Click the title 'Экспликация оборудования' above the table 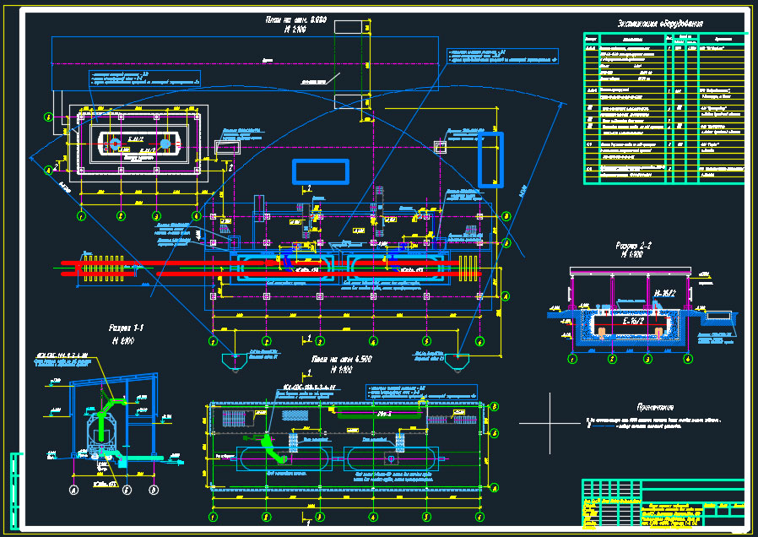pyautogui.click(x=661, y=23)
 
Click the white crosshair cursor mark pyautogui.click(x=550, y=422)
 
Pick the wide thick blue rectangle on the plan pyautogui.click(x=320, y=171)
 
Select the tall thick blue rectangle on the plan pyautogui.click(x=490, y=159)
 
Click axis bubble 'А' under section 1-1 pyautogui.click(x=73, y=489)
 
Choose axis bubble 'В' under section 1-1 pyautogui.click(x=154, y=489)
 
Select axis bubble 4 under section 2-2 pyautogui.click(x=687, y=358)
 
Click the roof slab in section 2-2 pyautogui.click(x=628, y=273)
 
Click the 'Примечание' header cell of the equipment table pyautogui.click(x=723, y=39)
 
